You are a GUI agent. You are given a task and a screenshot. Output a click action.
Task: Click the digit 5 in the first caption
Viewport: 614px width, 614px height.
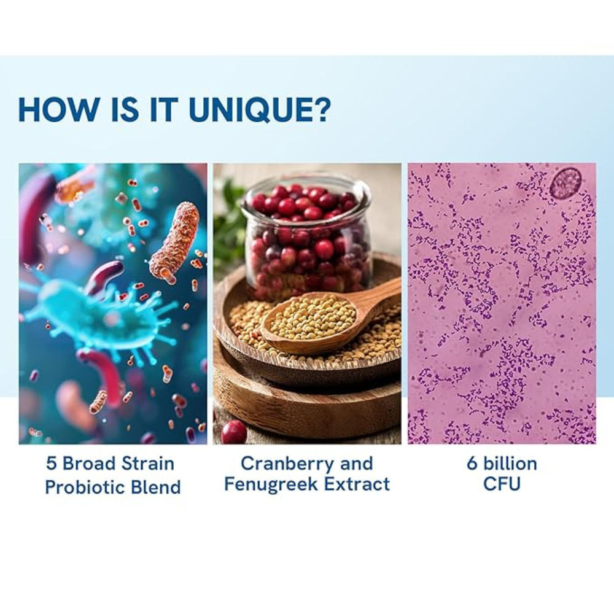(52, 464)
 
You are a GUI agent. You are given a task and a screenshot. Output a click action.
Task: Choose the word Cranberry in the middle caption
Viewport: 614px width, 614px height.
(288, 464)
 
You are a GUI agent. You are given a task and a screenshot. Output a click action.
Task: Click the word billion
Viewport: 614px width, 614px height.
(510, 464)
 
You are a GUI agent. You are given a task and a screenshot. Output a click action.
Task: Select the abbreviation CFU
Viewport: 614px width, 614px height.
(502, 484)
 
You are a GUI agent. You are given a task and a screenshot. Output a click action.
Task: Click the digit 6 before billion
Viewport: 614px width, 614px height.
(472, 464)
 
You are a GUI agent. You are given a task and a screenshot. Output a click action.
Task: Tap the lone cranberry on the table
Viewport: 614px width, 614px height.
(234, 432)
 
